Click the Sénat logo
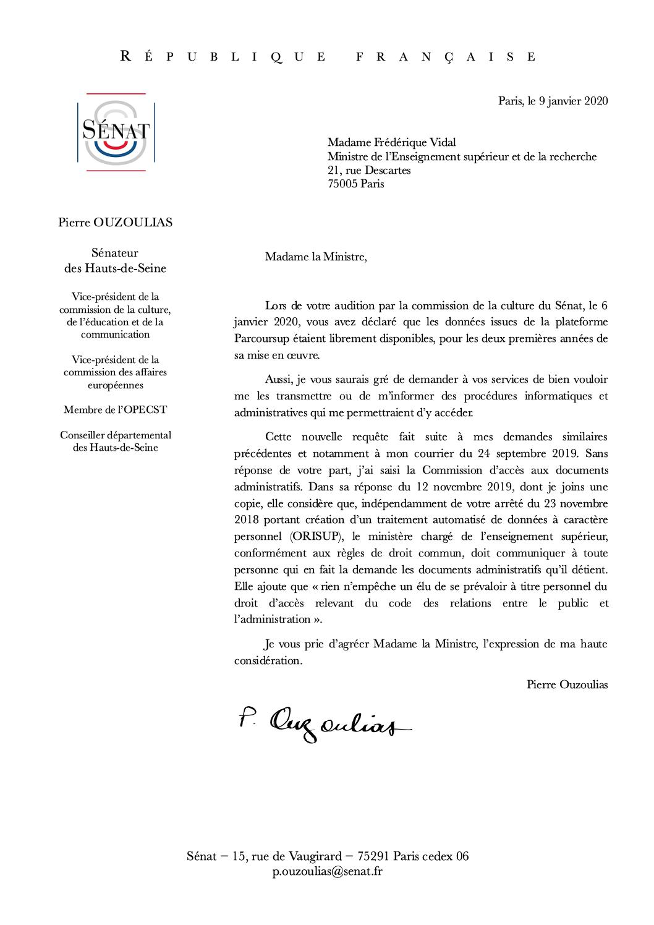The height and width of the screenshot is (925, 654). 116,132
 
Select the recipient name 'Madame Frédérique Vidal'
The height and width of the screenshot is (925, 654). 392,143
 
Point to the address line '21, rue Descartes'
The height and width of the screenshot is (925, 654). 369,170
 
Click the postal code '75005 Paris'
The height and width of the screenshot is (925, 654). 355,184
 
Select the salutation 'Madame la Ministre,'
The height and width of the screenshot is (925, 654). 315,257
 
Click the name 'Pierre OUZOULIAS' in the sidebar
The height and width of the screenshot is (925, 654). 115,223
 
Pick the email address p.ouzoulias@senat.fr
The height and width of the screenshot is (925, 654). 327,871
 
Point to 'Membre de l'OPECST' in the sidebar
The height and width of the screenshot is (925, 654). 115,410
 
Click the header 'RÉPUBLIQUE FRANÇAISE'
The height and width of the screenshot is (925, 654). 328,57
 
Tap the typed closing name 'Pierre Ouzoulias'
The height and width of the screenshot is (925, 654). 567,684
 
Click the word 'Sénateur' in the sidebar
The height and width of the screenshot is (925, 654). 115,253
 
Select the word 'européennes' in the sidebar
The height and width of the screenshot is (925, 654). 115,385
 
